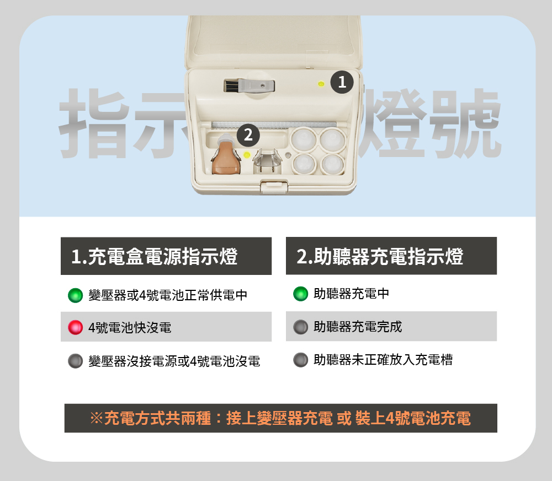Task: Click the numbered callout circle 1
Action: point(342,82)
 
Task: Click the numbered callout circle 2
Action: point(248,135)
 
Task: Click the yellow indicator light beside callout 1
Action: point(321,84)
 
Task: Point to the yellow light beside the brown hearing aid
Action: point(247,154)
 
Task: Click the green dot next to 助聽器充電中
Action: point(300,294)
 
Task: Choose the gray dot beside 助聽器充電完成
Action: point(300,327)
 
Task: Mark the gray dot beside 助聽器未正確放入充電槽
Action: point(300,360)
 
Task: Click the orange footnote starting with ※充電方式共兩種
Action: point(280,418)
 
